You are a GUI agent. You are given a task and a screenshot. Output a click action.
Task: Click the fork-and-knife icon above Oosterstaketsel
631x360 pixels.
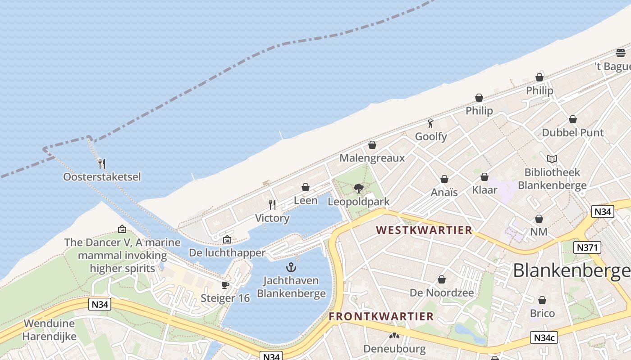102,163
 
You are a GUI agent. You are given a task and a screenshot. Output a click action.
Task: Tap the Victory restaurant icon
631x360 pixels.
272,205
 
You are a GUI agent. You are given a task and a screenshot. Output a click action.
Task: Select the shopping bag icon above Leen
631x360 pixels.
306,187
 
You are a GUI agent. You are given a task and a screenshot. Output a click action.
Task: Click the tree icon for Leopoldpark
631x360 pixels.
359,188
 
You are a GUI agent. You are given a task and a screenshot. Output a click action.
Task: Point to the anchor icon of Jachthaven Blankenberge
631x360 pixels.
291,267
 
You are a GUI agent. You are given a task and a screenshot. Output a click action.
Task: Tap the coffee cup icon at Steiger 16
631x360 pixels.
225,285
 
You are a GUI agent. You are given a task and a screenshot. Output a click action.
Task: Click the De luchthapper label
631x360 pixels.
227,252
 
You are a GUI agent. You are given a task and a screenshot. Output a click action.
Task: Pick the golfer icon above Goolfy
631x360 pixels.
431,123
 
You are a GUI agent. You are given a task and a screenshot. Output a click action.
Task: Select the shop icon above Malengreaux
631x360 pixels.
372,145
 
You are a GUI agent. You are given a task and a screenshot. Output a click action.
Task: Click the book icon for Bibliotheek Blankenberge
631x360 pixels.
552,159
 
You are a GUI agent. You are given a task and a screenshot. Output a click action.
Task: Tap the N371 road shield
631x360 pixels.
587,247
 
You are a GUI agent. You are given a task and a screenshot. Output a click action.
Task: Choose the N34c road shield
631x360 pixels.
544,337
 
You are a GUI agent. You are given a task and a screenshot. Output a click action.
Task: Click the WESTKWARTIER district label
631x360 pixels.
424,230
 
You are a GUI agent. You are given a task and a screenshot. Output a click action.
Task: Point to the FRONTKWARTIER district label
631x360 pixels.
381,316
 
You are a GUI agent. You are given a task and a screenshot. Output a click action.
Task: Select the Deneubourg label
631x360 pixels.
394,349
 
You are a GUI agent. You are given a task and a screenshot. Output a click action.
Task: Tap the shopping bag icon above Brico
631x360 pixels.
542,300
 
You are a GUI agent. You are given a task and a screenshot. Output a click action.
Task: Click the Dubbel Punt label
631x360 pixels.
572,133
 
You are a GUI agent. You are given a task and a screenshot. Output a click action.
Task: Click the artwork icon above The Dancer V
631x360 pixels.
122,229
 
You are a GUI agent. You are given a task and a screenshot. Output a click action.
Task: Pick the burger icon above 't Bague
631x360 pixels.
621,53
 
